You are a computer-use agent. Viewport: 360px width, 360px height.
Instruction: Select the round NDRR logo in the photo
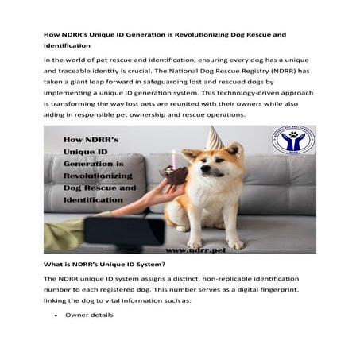pos(292,141)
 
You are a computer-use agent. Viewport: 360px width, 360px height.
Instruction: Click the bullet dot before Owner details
pos(56,315)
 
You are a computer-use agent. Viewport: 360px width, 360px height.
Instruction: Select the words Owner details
pos(89,315)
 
